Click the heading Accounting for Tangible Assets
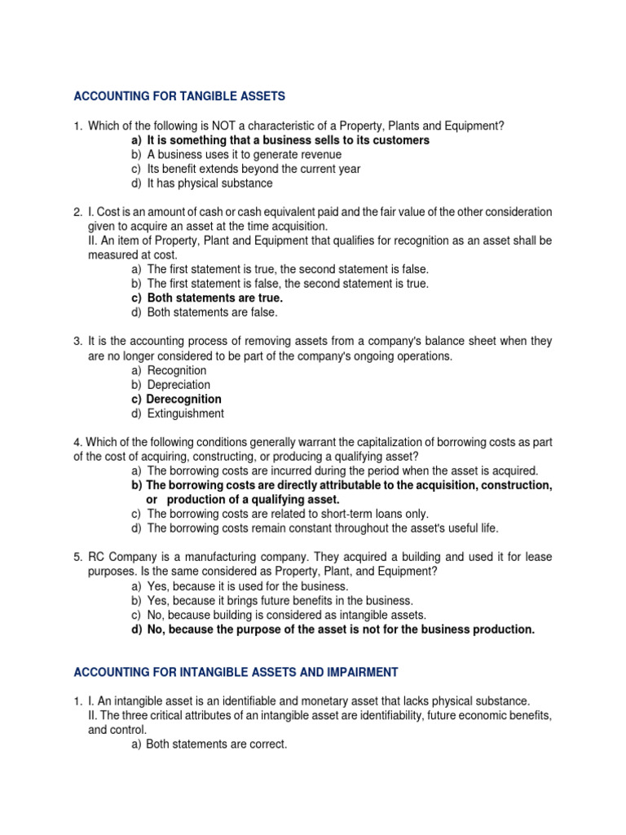179,96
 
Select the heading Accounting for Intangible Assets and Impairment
236,672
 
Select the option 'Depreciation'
179,385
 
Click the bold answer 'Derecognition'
183,399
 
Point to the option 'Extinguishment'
184,413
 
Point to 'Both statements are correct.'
217,744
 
